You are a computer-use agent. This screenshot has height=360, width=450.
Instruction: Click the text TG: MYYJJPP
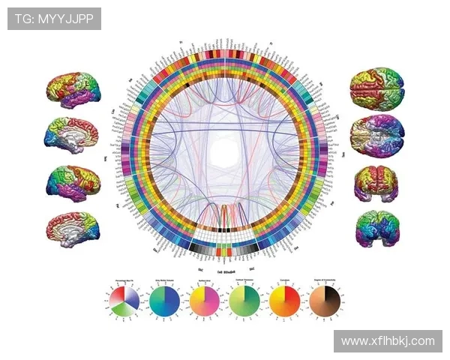(54, 19)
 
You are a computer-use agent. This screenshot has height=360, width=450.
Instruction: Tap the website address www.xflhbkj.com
(388, 340)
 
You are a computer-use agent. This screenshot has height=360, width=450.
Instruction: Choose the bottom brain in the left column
(73, 229)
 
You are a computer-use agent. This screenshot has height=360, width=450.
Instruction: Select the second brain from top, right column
(376, 136)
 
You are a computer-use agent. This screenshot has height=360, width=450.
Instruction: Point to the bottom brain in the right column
(376, 228)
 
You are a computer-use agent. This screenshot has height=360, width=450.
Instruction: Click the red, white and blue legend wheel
(124, 301)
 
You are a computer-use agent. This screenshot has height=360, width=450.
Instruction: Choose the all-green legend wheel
(244, 301)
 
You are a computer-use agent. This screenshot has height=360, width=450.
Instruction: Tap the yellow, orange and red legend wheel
(285, 301)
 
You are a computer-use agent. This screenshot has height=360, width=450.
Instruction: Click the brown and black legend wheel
(325, 301)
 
